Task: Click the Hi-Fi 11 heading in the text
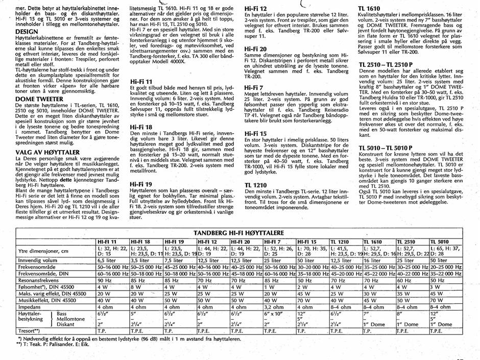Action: [x=141, y=81]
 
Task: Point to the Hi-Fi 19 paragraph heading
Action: [x=141, y=169]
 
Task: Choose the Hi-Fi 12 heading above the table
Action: [x=256, y=9]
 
